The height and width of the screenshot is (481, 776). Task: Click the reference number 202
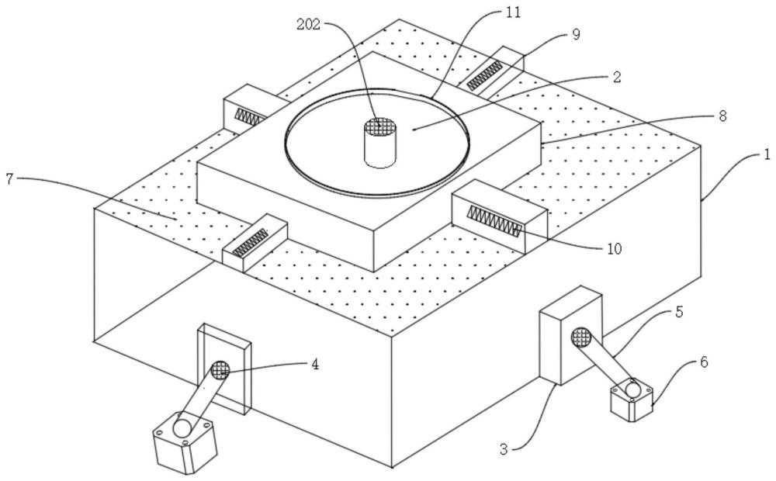308,24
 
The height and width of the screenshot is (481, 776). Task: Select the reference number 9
576,34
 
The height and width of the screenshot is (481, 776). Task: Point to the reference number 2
617,77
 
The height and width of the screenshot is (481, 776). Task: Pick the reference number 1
767,155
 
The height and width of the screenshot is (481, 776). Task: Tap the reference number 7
9,178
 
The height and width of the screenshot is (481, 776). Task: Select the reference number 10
614,248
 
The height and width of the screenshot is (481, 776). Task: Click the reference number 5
679,312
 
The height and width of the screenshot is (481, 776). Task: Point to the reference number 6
704,362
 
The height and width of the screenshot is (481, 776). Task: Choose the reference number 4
315,364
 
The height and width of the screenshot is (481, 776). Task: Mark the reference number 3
504,449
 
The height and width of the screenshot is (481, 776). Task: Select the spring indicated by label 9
484,75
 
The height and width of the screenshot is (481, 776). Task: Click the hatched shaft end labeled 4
220,369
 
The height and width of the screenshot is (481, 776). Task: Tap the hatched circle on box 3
581,337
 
